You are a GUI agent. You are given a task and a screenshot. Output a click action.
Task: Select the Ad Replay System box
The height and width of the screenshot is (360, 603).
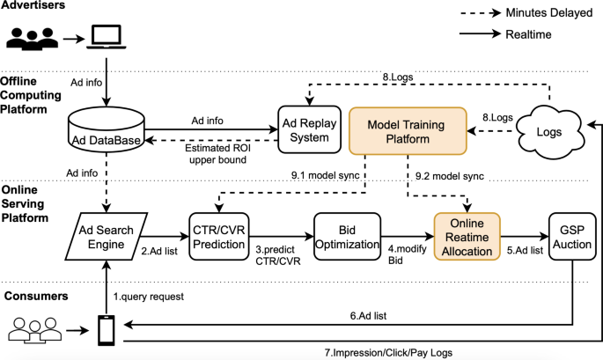(x=307, y=130)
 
